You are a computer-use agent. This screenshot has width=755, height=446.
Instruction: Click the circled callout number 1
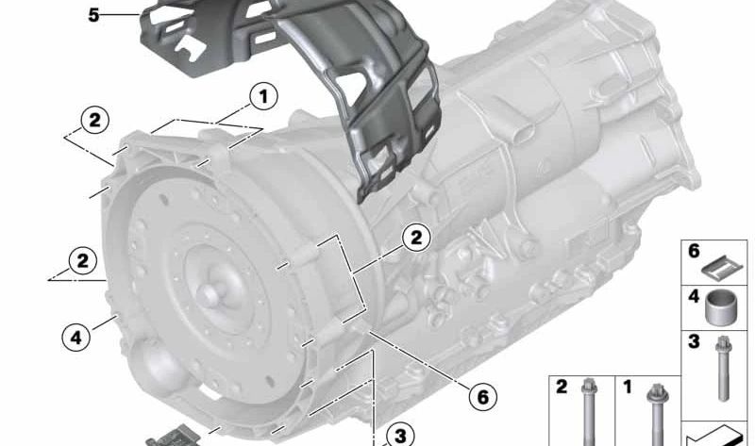pos(263,96)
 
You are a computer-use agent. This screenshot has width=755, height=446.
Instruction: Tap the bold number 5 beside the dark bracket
pos(93,15)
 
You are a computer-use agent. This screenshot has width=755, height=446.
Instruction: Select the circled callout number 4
pos(76,338)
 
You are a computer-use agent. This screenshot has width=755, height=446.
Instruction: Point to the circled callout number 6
pos(482,396)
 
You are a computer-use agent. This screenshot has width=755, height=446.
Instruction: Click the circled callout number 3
pos(400,436)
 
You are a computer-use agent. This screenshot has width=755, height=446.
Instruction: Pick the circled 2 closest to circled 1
pos(95,120)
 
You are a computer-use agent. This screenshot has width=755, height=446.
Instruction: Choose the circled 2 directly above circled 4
pos(83,261)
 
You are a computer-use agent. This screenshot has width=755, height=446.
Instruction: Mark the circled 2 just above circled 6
pos(416,238)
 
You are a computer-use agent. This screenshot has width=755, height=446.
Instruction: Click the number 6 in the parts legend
pos(694,251)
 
